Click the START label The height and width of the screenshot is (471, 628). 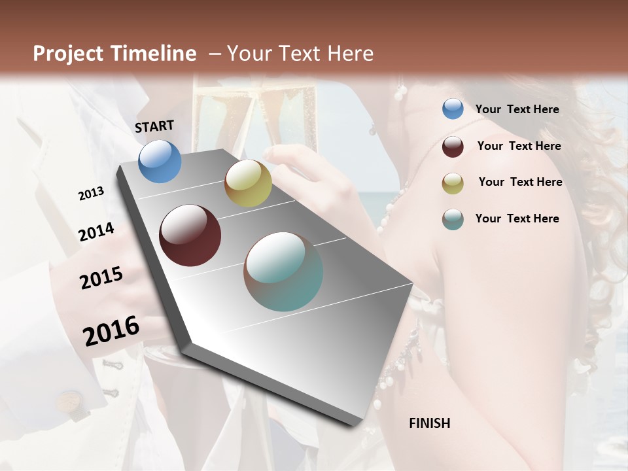pyautogui.click(x=154, y=126)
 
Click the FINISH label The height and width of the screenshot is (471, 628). pyautogui.click(x=429, y=423)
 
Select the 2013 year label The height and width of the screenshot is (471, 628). pyautogui.click(x=91, y=194)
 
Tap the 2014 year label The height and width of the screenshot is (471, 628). pyautogui.click(x=96, y=232)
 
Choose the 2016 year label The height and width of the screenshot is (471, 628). pyautogui.click(x=111, y=331)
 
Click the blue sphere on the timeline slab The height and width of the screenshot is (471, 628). pyautogui.click(x=160, y=162)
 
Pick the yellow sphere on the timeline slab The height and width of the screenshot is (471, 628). pyautogui.click(x=248, y=183)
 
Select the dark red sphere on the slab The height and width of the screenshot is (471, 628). pyautogui.click(x=190, y=235)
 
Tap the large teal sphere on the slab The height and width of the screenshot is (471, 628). pyautogui.click(x=283, y=271)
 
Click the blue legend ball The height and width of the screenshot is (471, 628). pyautogui.click(x=453, y=109)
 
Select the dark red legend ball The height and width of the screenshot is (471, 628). pyautogui.click(x=453, y=147)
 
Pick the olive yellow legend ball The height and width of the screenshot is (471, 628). pyautogui.click(x=453, y=183)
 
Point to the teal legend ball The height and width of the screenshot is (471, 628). pyautogui.click(x=453, y=219)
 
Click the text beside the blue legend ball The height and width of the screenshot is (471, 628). pyautogui.click(x=517, y=109)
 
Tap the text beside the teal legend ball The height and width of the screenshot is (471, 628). pyautogui.click(x=517, y=218)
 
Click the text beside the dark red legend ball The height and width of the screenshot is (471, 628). pyautogui.click(x=519, y=146)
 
